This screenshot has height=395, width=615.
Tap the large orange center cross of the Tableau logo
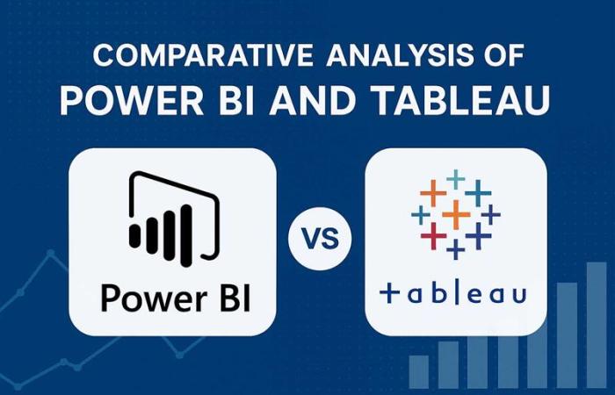(455, 213)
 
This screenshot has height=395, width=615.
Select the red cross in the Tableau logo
(431, 234)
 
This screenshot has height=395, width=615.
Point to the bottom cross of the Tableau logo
(455, 250)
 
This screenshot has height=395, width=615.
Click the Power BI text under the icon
(175, 298)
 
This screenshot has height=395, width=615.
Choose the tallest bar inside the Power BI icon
(187, 227)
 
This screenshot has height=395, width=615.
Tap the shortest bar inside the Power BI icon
(135, 235)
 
